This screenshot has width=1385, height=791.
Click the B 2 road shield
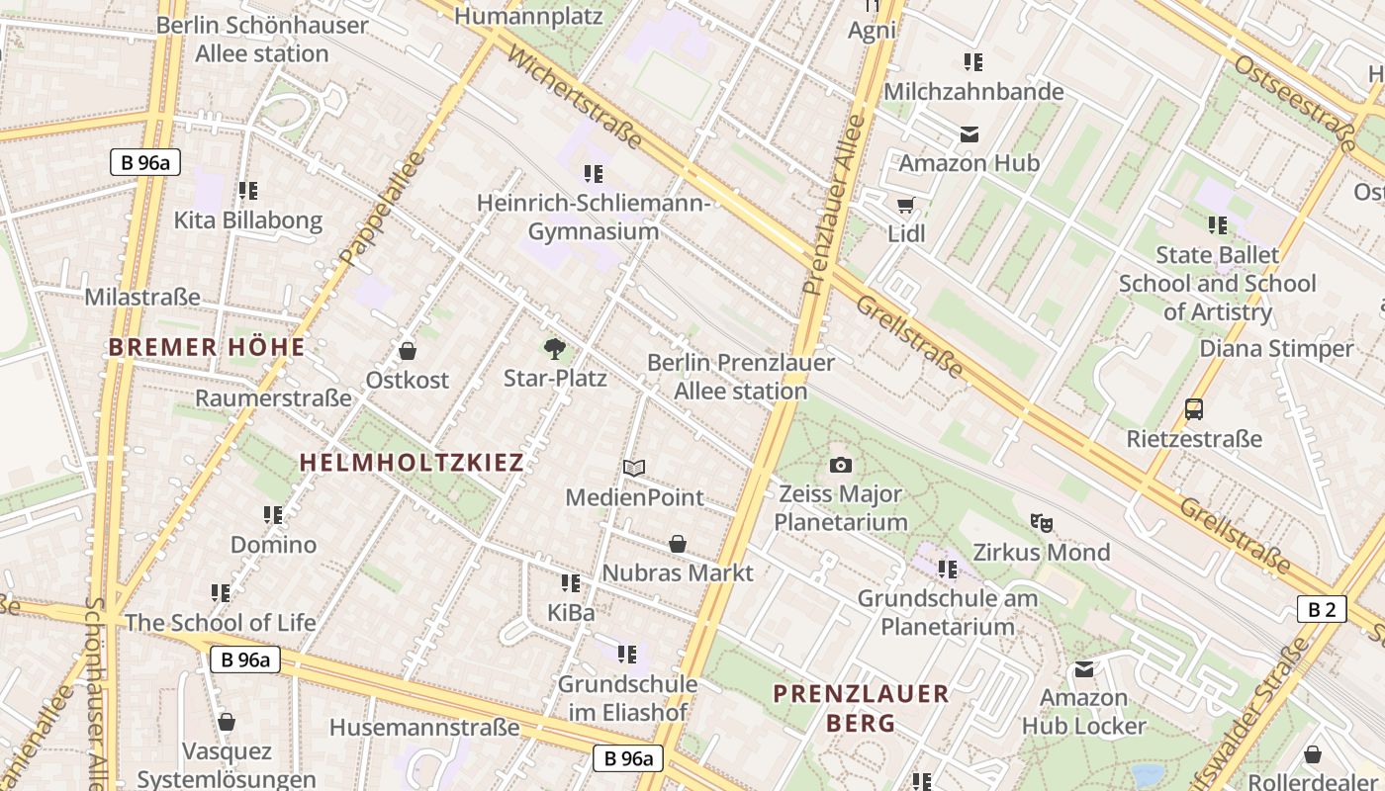click(1322, 609)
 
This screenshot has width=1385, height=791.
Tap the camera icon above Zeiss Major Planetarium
click(841, 465)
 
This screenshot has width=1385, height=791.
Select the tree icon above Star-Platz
click(555, 348)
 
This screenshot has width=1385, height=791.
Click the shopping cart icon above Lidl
click(905, 206)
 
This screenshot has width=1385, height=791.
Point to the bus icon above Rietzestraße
click(1194, 408)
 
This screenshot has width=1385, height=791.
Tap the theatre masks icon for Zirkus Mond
click(1041, 522)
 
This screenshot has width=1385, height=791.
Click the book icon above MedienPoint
click(634, 468)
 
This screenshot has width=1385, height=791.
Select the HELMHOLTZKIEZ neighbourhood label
click(412, 462)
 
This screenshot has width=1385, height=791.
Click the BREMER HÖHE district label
click(207, 347)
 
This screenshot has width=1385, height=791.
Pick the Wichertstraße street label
click(574, 96)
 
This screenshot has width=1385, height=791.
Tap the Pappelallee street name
click(381, 209)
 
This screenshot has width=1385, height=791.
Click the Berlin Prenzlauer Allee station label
click(740, 377)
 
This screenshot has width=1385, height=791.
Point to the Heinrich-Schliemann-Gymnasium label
click(594, 218)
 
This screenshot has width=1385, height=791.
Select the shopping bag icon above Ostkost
click(407, 351)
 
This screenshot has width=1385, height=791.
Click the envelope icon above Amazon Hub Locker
click(1084, 669)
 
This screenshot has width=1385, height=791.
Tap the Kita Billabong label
click(248, 220)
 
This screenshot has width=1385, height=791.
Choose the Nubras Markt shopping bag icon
click(678, 544)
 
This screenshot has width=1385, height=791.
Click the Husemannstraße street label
click(424, 728)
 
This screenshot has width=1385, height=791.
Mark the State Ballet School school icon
click(1217, 225)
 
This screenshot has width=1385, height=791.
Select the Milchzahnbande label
click(973, 91)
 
